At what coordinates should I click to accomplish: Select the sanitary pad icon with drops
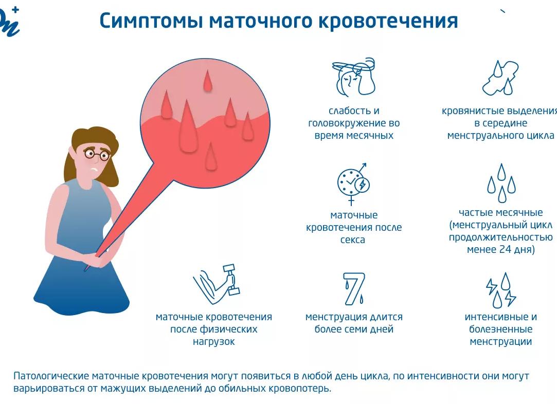500,78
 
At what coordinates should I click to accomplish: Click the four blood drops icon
501,183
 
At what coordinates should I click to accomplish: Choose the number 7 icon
354,288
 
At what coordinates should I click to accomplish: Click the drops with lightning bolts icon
501,290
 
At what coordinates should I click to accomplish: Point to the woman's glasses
96,154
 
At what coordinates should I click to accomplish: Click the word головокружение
354,123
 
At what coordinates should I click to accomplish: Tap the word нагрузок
213,342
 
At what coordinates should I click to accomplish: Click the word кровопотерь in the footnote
301,389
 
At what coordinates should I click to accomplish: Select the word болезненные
500,329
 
